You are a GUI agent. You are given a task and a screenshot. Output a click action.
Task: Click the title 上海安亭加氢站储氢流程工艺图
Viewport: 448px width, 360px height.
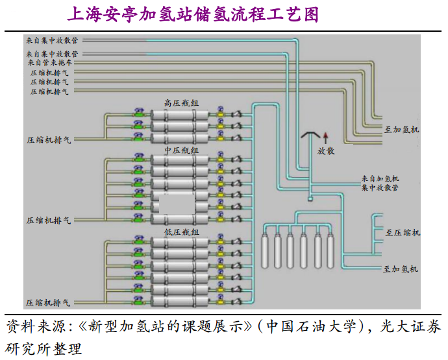tap(193, 14)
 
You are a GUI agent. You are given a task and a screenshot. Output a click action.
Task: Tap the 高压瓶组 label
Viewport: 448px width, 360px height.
tap(181, 102)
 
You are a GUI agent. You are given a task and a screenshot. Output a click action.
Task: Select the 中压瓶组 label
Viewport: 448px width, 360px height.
tap(181, 150)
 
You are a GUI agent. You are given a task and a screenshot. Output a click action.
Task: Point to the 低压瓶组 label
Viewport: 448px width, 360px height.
tap(181, 232)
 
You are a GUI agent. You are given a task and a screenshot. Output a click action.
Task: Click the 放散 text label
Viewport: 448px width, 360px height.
tap(326, 150)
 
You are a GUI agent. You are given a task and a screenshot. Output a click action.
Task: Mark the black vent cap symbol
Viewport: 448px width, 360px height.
tap(310, 135)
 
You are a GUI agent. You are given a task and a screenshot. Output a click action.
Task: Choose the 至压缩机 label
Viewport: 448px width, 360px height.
tap(403, 232)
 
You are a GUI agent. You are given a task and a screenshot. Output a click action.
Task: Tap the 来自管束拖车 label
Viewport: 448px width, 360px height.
tap(50, 63)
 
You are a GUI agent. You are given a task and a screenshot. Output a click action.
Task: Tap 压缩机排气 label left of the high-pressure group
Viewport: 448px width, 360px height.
tap(49, 139)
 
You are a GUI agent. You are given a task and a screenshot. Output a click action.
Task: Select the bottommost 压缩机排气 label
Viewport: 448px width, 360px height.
tap(49, 303)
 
